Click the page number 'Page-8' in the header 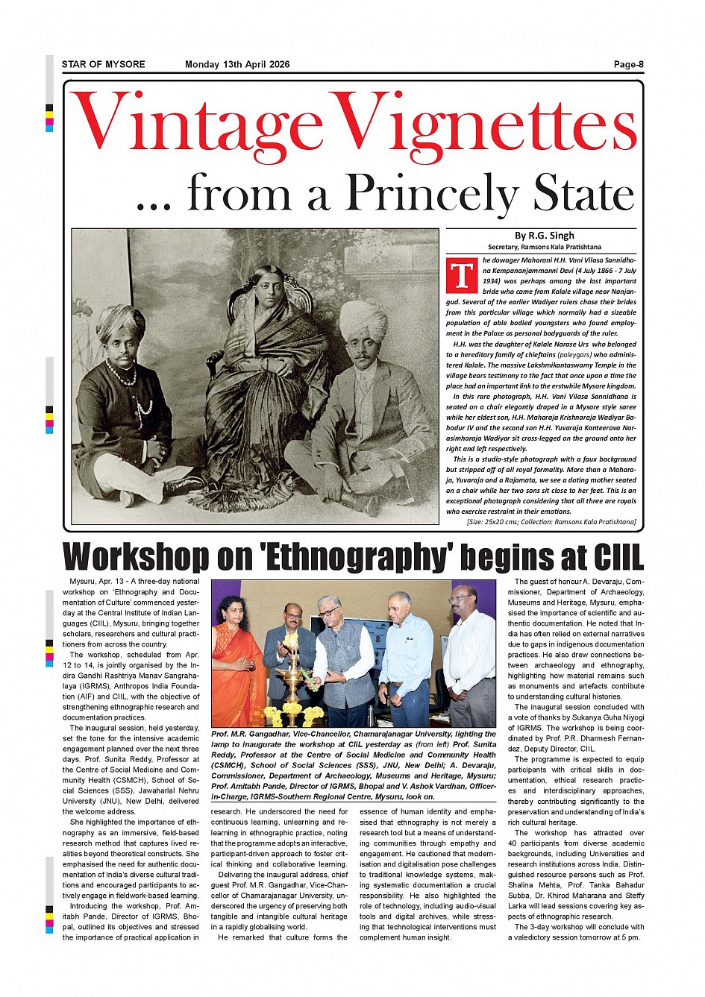628,64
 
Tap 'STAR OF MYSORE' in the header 103,64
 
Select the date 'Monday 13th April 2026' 237,64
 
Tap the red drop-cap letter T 461,275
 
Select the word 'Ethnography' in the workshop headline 354,558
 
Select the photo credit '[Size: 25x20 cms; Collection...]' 551,523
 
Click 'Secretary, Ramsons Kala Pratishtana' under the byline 544,247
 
